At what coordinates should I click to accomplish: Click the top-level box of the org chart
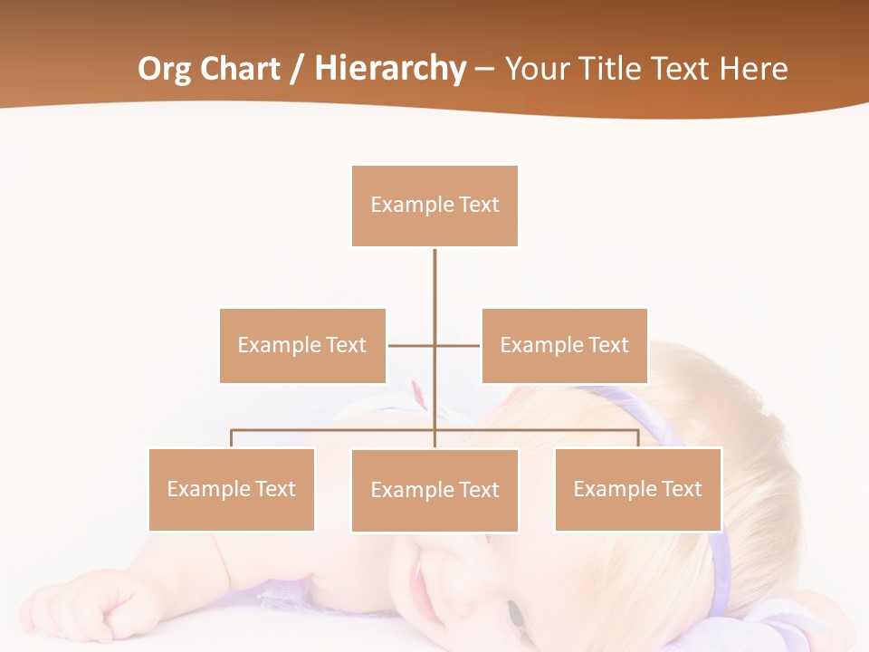click(434, 206)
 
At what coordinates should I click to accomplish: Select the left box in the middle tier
click(302, 346)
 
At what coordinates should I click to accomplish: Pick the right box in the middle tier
click(564, 346)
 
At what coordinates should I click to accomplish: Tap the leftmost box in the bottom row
click(232, 489)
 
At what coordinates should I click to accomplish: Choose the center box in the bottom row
click(434, 490)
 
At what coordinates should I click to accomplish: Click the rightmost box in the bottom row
click(637, 489)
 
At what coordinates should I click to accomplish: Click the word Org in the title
click(165, 69)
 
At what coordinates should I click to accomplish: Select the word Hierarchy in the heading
click(389, 69)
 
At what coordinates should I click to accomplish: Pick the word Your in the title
click(537, 69)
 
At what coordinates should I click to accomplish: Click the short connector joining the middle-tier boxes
click(412, 345)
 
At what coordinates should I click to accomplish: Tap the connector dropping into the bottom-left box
click(232, 438)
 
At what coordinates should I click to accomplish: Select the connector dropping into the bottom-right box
click(638, 438)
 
